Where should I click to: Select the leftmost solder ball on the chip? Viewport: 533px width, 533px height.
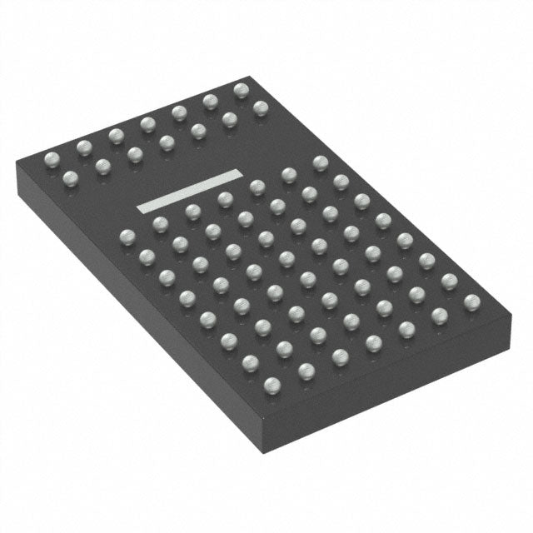(x=51, y=158)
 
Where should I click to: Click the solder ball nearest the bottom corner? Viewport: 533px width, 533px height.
(x=272, y=384)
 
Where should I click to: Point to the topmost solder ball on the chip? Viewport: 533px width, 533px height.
(x=242, y=89)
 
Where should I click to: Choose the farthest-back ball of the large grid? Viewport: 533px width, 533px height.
(x=320, y=162)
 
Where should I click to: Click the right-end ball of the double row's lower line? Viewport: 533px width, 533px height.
(x=261, y=107)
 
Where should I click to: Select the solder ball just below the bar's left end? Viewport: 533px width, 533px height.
(x=159, y=223)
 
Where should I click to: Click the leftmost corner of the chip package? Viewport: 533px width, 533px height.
(x=17, y=167)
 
